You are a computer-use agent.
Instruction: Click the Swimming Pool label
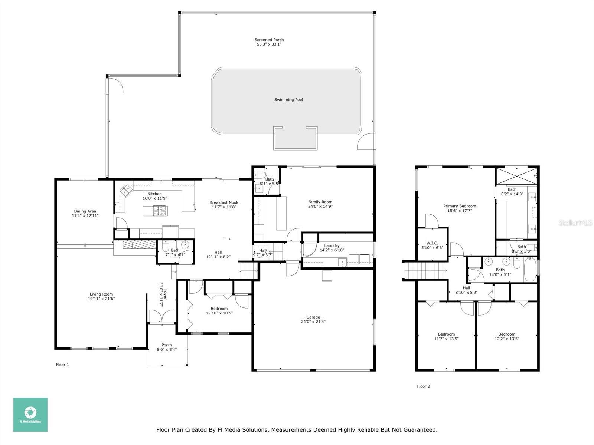pos(288,100)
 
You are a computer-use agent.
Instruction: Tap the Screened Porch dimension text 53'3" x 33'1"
pos(269,44)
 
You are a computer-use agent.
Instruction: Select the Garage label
pos(313,317)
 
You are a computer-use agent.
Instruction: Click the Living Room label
pos(100,294)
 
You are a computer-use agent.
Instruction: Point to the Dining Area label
pos(85,211)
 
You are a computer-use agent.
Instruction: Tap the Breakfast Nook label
pos(224,202)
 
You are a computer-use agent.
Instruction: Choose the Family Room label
pos(320,202)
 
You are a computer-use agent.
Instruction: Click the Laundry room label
pos(332,245)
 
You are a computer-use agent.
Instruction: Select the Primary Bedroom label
pos(459,206)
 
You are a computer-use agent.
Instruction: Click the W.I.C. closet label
pos(432,243)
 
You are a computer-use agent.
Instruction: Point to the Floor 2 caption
pos(423,386)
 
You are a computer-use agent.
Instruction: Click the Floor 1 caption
pos(62,365)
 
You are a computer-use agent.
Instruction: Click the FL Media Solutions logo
pos(30,414)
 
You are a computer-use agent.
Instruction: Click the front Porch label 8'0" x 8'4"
pos(167,345)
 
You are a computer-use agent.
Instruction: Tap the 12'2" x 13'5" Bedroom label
pos(507,334)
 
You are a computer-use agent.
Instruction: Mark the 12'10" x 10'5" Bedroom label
pos(219,309)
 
